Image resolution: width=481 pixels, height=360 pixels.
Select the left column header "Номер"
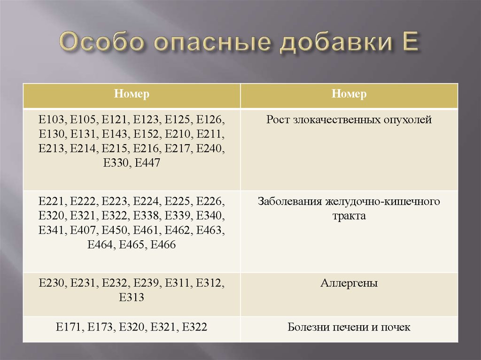[132, 94]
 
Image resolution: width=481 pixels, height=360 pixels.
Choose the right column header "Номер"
[349, 94]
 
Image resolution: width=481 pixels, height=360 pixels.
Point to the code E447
[147, 162]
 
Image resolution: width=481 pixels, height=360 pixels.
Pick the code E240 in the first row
[210, 148]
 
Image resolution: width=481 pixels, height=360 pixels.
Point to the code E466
[163, 245]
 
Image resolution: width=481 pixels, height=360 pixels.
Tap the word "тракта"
[349, 216]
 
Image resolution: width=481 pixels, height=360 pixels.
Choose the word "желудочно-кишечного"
[382, 202]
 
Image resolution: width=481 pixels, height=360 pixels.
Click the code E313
[132, 298]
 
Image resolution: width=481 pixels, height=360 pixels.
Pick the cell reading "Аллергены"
[349, 283]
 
